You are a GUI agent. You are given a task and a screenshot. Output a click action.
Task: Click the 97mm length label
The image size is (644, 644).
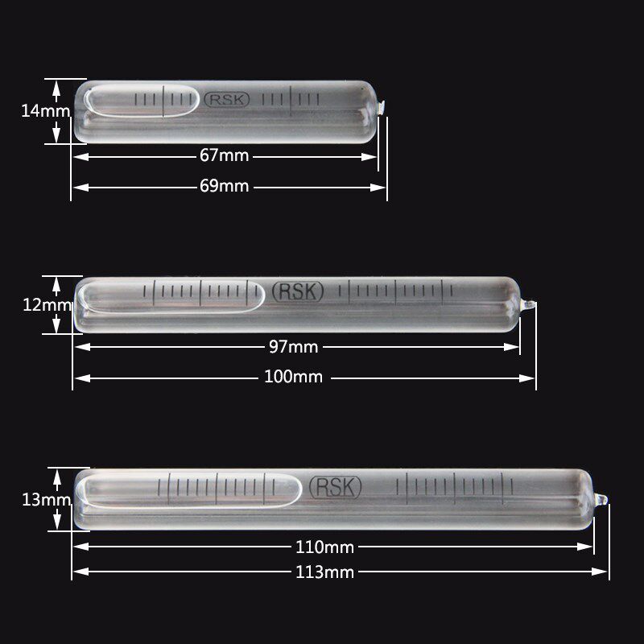point(292,347)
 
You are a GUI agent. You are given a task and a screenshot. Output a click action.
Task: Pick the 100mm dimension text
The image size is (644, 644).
point(293,377)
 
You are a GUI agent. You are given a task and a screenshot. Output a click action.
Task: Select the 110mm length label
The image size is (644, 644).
point(325,547)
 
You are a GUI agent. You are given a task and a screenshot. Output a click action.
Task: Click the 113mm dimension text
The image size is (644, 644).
point(325,572)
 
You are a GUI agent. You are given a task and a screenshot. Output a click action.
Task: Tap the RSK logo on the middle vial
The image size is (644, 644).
point(298,291)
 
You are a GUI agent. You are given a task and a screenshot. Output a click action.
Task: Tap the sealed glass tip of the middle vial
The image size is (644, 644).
point(528,305)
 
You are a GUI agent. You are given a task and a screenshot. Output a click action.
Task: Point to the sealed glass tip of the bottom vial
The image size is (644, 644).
point(601,500)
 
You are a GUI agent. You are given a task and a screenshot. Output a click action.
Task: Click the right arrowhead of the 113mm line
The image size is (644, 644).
point(604,572)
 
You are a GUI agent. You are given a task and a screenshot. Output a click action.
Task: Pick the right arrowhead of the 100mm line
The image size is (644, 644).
point(531,377)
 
